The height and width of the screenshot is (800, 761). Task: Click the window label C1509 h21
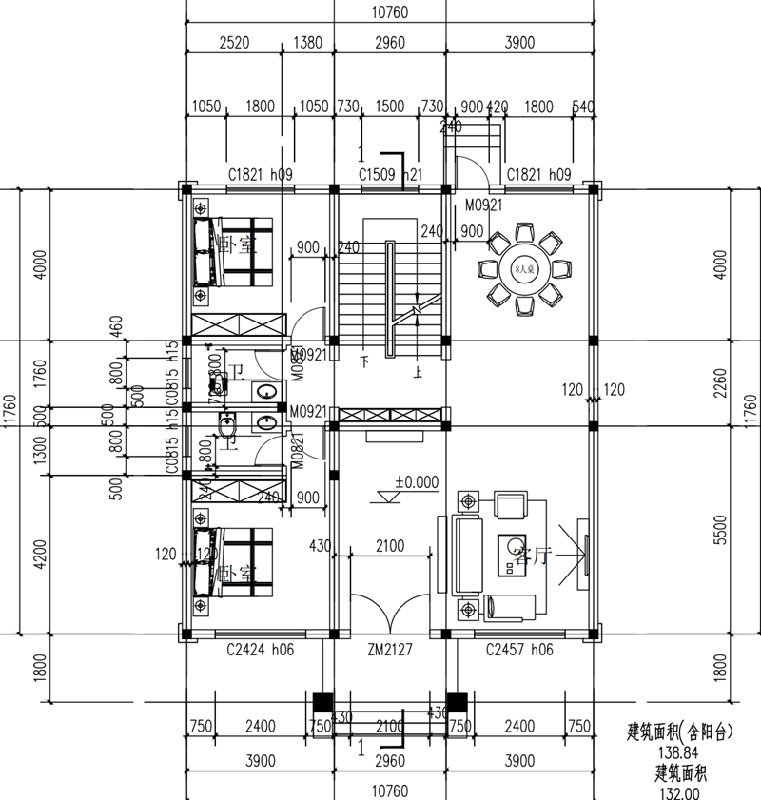click(x=390, y=174)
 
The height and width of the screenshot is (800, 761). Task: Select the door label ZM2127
click(x=390, y=651)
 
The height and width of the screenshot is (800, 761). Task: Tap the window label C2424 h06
click(x=260, y=651)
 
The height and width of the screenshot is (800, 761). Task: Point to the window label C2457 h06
click(x=519, y=651)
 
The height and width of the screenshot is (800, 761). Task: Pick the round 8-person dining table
click(x=521, y=269)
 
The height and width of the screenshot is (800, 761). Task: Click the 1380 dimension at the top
click(x=306, y=42)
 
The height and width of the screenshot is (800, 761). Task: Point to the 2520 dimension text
click(x=234, y=42)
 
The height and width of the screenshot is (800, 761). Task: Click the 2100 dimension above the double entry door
click(x=390, y=546)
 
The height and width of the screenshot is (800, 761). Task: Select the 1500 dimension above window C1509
click(x=390, y=106)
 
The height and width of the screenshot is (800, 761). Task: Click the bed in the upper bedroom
click(x=234, y=252)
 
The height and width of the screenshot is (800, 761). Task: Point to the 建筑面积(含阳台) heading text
click(x=679, y=732)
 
